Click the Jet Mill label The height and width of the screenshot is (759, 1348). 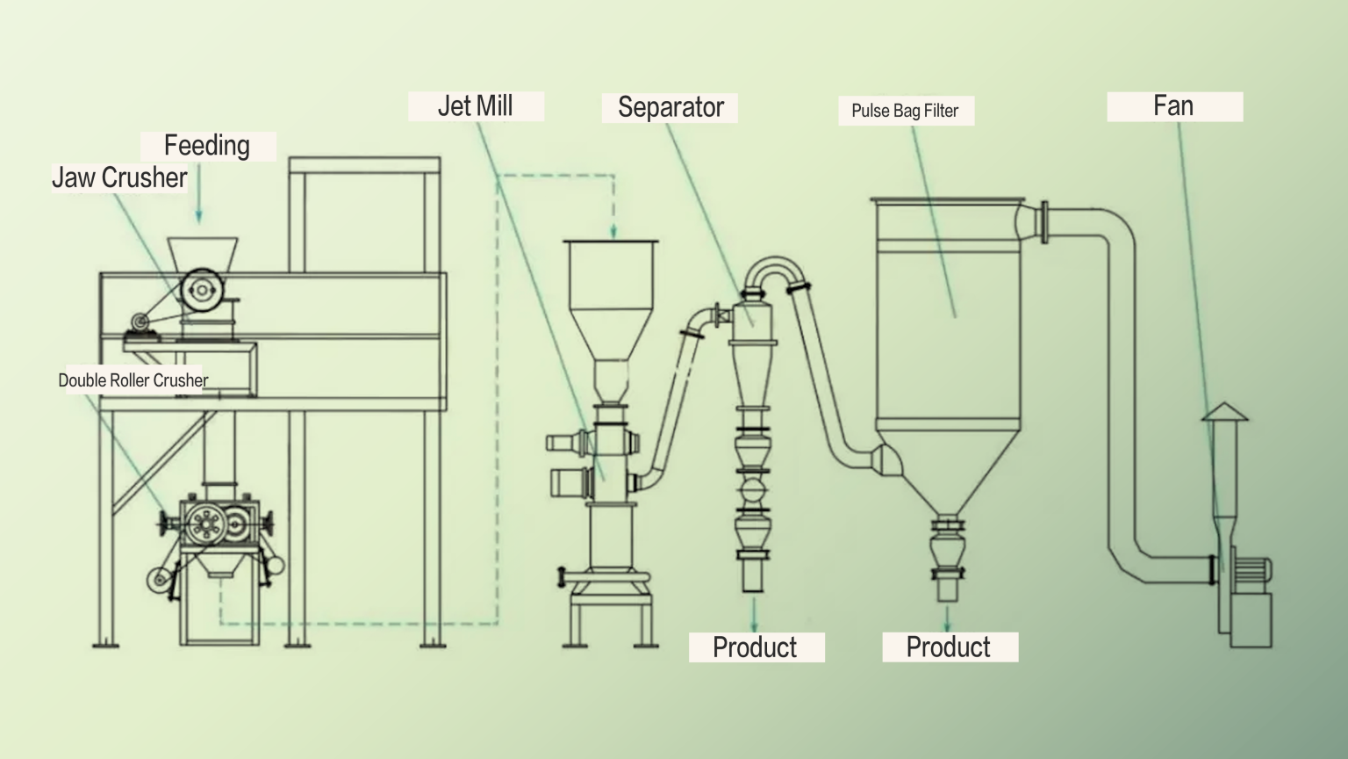click(476, 106)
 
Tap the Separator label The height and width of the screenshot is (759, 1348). click(670, 108)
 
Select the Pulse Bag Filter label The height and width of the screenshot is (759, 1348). click(905, 111)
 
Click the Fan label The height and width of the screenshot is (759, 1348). click(1173, 106)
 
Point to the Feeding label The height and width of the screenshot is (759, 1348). click(207, 146)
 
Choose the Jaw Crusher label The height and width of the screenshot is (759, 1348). click(119, 177)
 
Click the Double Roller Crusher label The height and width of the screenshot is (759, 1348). click(133, 380)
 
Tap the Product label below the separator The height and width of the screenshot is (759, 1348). click(755, 647)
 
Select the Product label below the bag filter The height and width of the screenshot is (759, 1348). click(948, 647)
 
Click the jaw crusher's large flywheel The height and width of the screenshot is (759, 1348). click(202, 289)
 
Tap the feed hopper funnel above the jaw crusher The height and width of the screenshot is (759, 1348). click(203, 252)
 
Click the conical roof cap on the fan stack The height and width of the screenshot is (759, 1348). click(1224, 411)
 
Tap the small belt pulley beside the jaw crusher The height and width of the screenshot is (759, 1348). click(139, 322)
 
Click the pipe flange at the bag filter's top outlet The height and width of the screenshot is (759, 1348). click(1043, 222)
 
